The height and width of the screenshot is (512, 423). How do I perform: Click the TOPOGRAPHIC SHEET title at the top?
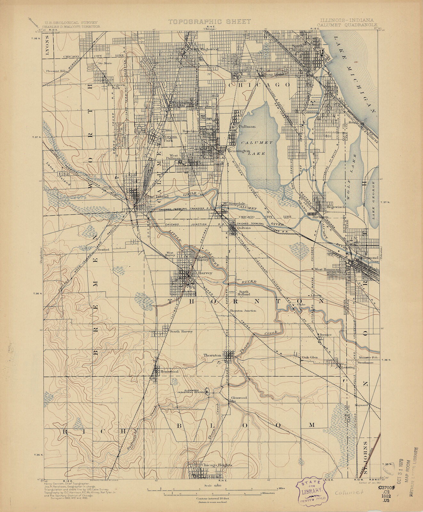click(210, 21)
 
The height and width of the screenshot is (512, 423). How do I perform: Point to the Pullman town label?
click(247, 126)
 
